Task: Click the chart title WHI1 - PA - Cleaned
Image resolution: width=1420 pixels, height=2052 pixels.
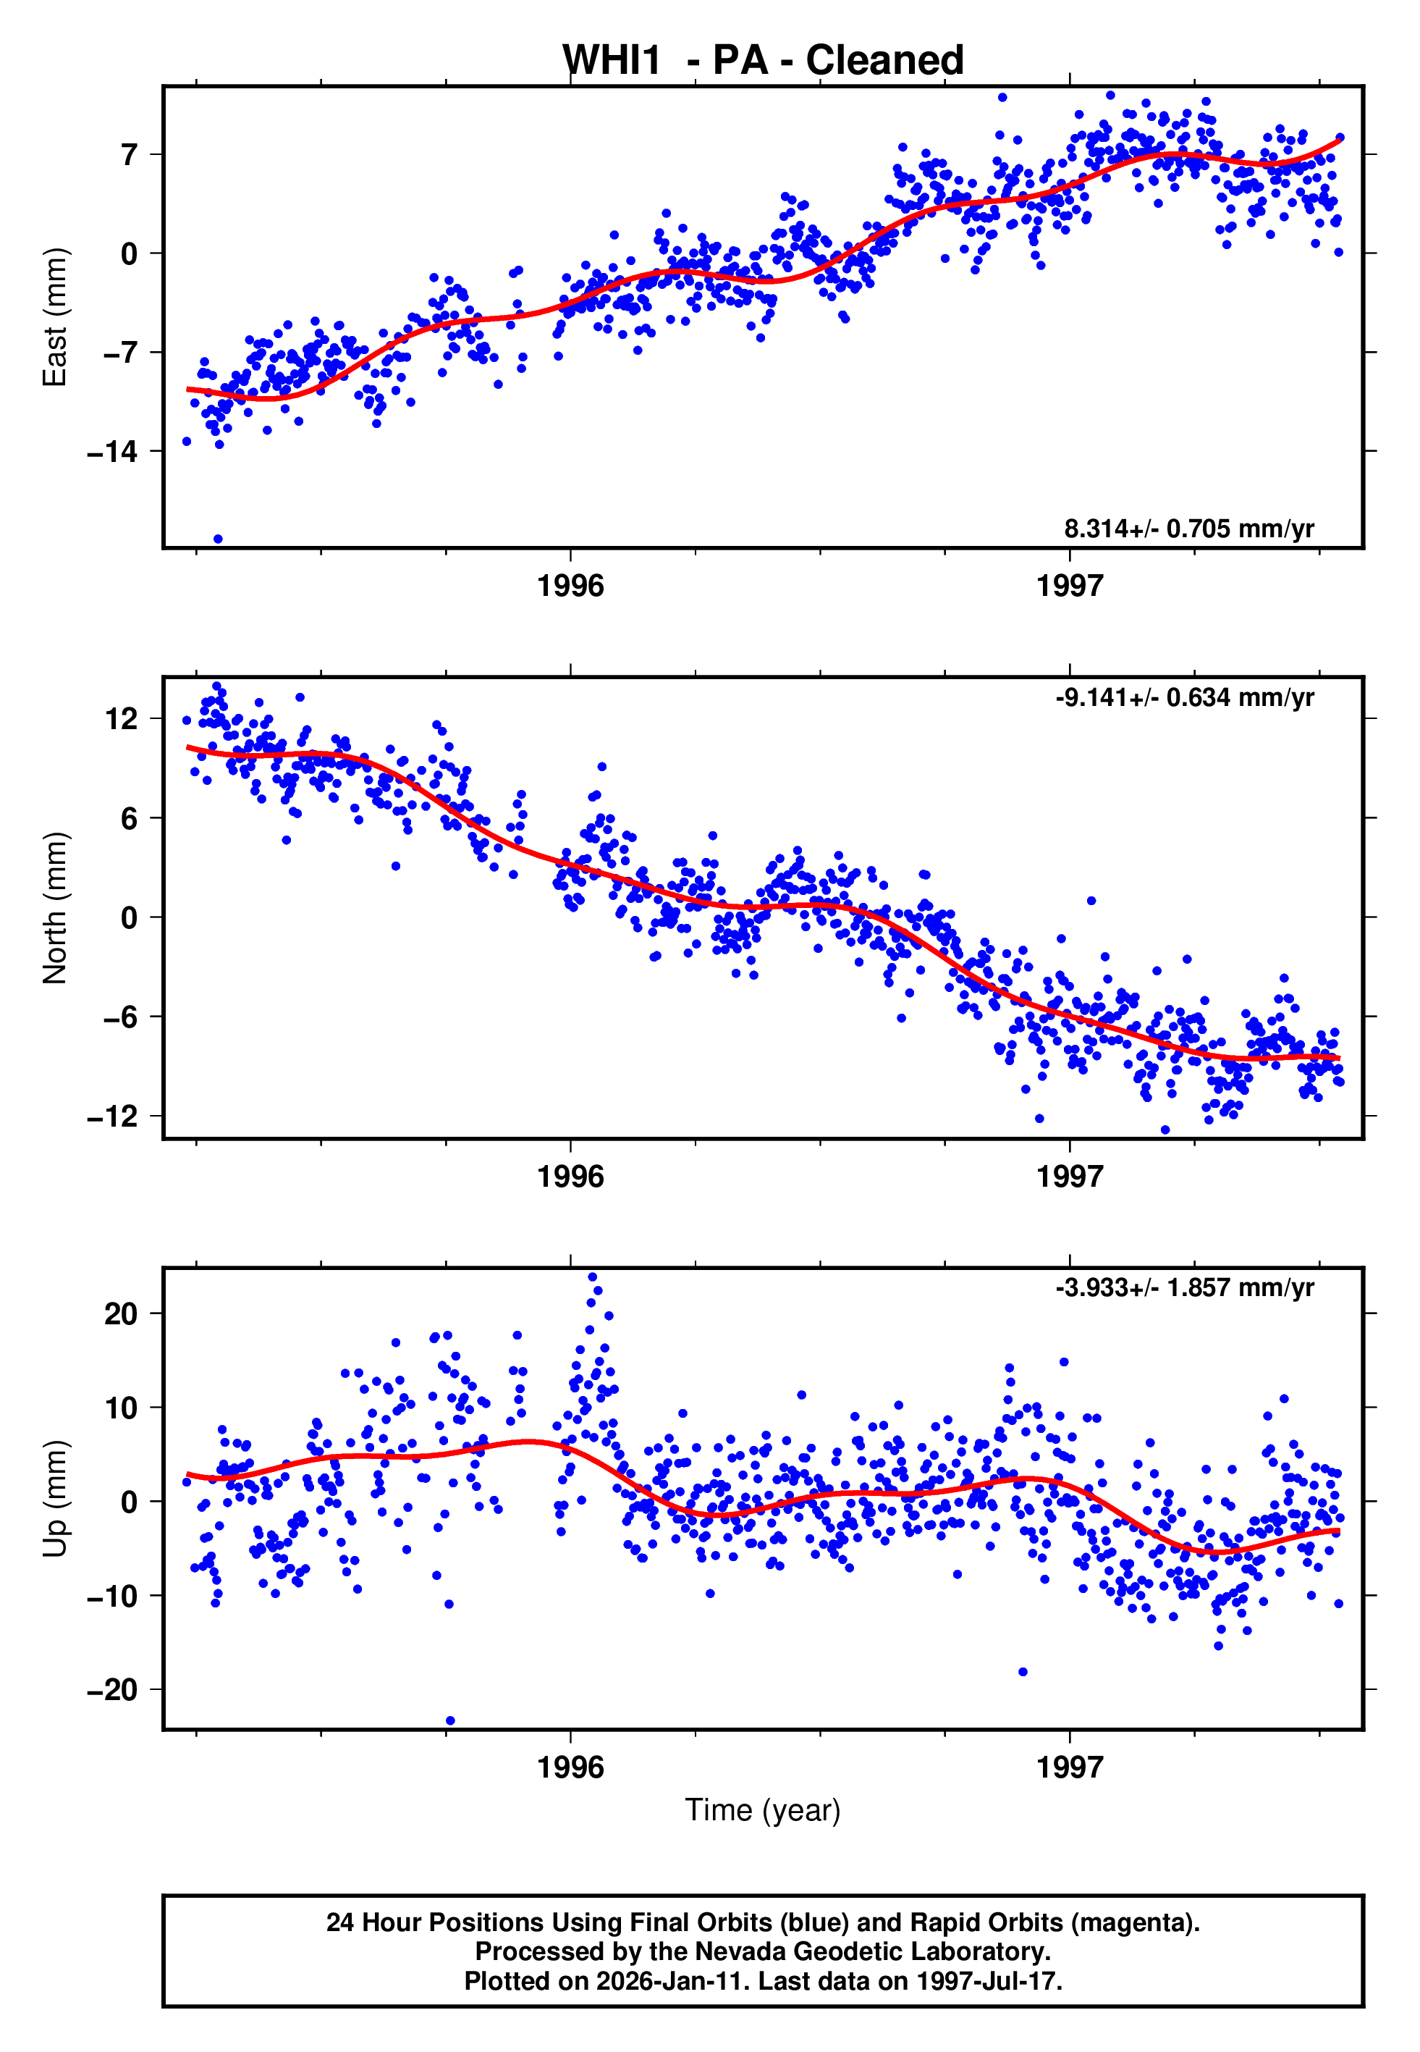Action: [763, 61]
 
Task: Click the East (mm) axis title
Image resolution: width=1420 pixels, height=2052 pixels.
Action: [55, 317]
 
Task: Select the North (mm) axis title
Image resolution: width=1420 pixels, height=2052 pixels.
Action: [55, 908]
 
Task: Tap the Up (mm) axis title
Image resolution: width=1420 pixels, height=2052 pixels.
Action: [55, 1499]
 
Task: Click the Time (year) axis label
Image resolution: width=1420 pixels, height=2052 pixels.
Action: [763, 1810]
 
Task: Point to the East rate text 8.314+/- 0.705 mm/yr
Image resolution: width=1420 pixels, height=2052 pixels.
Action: [1188, 529]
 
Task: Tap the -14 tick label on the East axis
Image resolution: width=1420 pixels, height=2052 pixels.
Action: [112, 452]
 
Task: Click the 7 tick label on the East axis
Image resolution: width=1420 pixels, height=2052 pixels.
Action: [130, 156]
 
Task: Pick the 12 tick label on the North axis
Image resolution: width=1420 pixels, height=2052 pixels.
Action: [121, 718]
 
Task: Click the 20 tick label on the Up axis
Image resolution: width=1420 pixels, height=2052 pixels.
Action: [121, 1313]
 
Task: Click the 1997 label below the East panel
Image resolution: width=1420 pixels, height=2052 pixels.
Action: [1070, 586]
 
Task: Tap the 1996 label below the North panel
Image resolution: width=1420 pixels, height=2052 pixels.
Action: [570, 1177]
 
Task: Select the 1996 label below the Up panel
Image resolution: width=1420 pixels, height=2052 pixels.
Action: [570, 1767]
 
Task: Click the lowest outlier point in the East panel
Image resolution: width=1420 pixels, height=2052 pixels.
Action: [218, 539]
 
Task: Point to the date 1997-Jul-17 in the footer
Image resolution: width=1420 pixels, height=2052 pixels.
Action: [988, 1981]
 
